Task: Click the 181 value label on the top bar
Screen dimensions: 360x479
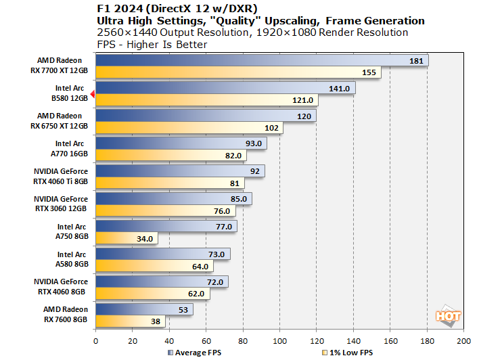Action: point(417,61)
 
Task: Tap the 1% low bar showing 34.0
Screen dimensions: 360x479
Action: point(127,238)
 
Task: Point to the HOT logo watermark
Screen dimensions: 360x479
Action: point(449,316)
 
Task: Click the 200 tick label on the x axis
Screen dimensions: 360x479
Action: point(463,340)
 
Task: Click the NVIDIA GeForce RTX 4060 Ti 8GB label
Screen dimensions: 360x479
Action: point(60,177)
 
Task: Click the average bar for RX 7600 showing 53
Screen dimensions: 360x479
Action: point(144,309)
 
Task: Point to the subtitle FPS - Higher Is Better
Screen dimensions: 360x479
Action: point(152,44)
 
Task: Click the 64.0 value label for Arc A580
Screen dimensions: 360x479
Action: point(201,266)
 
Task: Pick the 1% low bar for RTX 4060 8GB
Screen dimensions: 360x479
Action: point(152,294)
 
